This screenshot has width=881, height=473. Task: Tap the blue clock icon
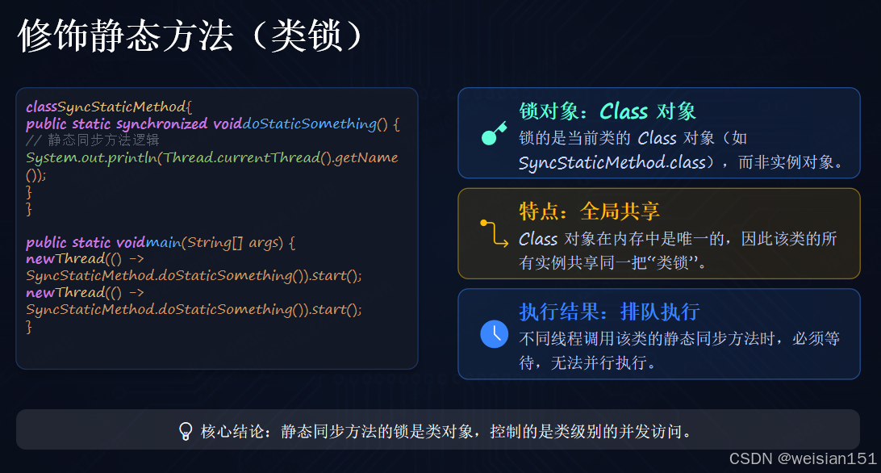[x=494, y=333]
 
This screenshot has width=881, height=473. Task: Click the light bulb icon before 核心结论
[x=186, y=431]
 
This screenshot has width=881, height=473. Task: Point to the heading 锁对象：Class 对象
[x=607, y=111]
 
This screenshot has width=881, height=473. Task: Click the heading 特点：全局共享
[x=589, y=211]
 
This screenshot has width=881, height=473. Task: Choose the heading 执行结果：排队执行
[x=608, y=312]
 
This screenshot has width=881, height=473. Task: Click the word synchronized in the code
[x=161, y=123]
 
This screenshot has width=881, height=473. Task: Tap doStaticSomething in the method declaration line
[x=310, y=123]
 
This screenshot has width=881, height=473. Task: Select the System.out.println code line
[x=212, y=157]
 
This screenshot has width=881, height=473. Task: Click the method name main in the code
[x=164, y=242]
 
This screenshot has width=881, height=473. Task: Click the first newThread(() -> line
[x=85, y=259]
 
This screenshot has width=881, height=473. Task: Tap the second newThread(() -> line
[x=85, y=293]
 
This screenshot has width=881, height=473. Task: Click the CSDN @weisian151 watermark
[x=802, y=458]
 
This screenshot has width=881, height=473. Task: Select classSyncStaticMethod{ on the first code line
[x=108, y=107]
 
